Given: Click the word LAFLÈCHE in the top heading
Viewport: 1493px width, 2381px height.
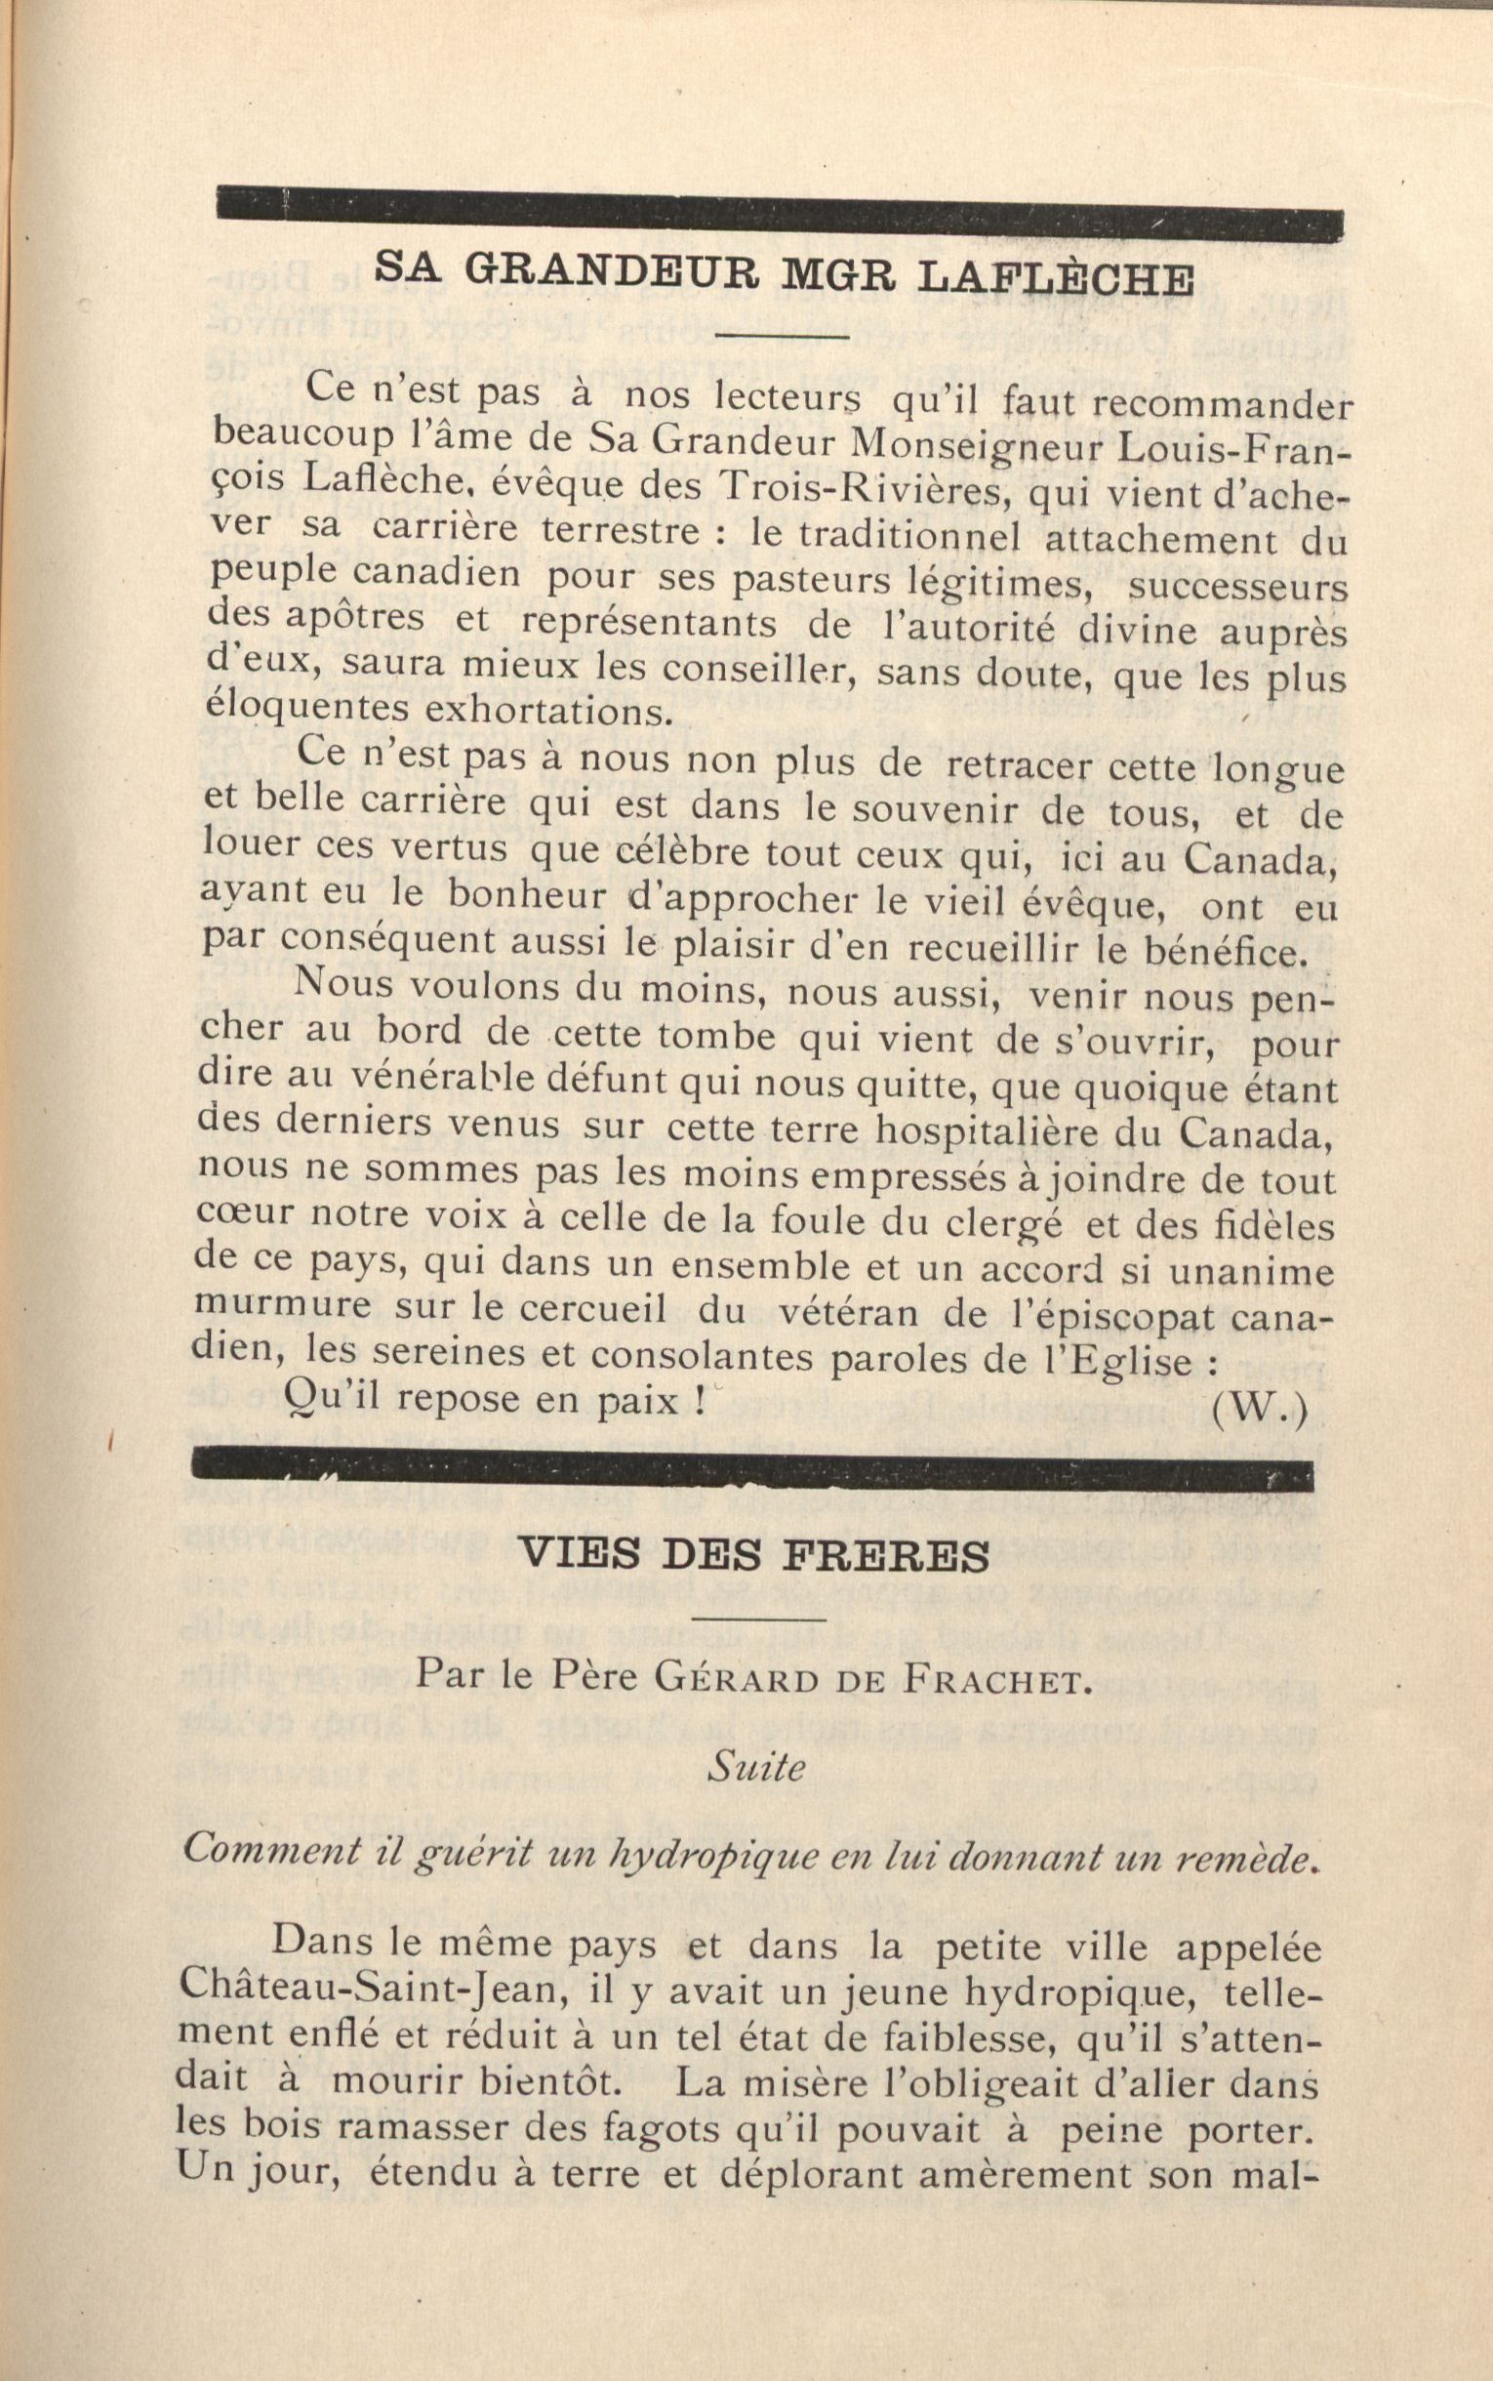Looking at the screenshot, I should [1054, 279].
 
